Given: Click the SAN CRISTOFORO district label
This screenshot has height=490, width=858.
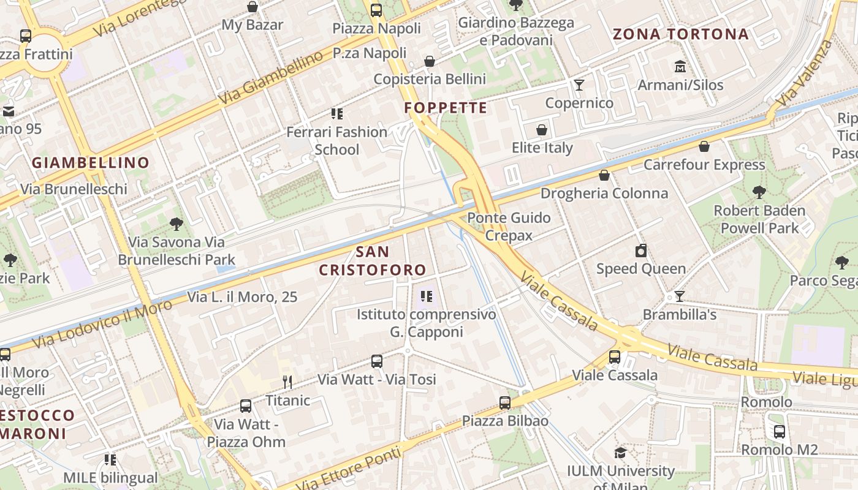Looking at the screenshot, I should pyautogui.click(x=372, y=260).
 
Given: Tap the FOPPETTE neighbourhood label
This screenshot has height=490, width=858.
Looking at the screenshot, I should pyautogui.click(x=446, y=108).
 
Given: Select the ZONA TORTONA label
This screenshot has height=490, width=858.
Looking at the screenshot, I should pyautogui.click(x=681, y=34).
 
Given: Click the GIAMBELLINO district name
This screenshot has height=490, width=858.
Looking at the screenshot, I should pyautogui.click(x=91, y=162).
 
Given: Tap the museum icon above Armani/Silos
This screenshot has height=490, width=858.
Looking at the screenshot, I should pyautogui.click(x=680, y=66).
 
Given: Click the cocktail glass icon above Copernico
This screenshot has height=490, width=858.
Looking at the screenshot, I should pyautogui.click(x=579, y=85).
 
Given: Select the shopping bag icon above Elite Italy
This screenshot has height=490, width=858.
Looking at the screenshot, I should pyautogui.click(x=542, y=130).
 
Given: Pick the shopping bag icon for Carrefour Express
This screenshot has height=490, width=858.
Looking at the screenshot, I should pyautogui.click(x=704, y=146).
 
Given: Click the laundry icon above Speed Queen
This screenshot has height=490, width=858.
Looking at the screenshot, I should pyautogui.click(x=641, y=251).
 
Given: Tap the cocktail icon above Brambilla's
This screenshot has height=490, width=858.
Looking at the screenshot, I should pyautogui.click(x=679, y=296).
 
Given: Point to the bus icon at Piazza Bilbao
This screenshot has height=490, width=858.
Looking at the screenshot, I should pyautogui.click(x=505, y=403).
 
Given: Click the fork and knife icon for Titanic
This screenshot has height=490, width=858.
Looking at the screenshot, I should pyautogui.click(x=287, y=382).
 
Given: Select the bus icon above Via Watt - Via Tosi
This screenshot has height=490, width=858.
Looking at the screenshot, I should pyautogui.click(x=377, y=361).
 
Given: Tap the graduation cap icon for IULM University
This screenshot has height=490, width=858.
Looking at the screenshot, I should pyautogui.click(x=620, y=453).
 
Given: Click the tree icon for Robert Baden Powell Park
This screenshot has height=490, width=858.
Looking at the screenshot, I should pyautogui.click(x=759, y=192).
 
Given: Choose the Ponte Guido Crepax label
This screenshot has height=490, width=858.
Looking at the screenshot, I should pyautogui.click(x=509, y=227).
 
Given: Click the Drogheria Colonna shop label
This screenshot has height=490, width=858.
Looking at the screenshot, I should pyautogui.click(x=604, y=194).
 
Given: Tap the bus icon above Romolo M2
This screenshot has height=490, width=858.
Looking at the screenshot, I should pyautogui.click(x=780, y=432).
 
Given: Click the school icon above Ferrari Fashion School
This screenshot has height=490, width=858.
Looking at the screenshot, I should pyautogui.click(x=336, y=113).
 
